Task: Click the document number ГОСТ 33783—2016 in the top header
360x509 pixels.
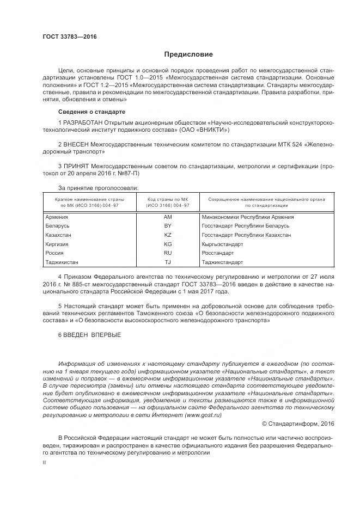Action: pyautogui.click(x=65, y=37)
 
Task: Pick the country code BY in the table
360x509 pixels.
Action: pyautogui.click(x=168, y=226)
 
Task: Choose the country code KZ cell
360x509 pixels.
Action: pyautogui.click(x=168, y=235)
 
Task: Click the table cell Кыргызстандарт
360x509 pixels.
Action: pyautogui.click(x=222, y=244)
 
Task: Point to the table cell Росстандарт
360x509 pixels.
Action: pyautogui.click(x=217, y=253)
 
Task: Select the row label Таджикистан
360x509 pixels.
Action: pyautogui.click(x=62, y=262)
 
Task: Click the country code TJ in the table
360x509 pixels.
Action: pyautogui.click(x=168, y=262)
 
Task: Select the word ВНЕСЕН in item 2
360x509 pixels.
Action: pyautogui.click(x=76, y=144)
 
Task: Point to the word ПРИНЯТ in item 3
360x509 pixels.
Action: pyautogui.click(x=76, y=165)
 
